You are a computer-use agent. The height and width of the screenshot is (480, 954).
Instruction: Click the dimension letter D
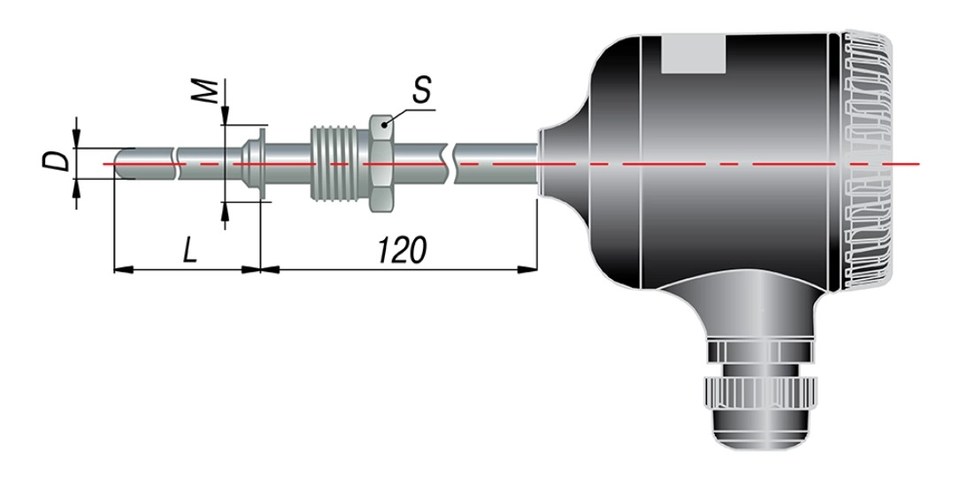(x=55, y=161)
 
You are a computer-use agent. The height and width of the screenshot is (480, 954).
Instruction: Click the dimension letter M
(x=207, y=91)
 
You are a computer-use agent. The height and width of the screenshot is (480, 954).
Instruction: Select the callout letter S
(x=421, y=89)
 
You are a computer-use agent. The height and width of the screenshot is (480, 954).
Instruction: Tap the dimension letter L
(x=190, y=249)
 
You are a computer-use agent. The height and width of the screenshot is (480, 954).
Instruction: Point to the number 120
(x=402, y=249)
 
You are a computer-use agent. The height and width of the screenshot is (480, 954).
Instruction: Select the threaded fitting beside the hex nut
(x=339, y=163)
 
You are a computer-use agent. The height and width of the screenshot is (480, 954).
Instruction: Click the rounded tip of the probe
(x=122, y=164)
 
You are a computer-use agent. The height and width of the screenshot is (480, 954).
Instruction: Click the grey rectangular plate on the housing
(x=693, y=54)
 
